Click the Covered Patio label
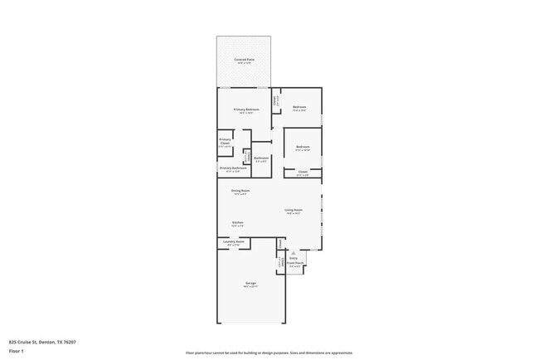point(244,60)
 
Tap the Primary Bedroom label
point(246,109)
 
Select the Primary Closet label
point(225,142)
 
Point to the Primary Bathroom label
point(233,168)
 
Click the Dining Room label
point(241,191)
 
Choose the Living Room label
point(294,210)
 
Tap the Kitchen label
point(237,222)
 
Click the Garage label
point(250,283)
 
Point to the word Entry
point(294,258)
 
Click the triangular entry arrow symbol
point(294,252)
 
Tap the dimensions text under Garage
point(250,287)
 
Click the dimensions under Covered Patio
point(244,64)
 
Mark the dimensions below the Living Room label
point(294,214)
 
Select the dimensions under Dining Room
point(241,195)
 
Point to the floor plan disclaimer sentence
point(269,353)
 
